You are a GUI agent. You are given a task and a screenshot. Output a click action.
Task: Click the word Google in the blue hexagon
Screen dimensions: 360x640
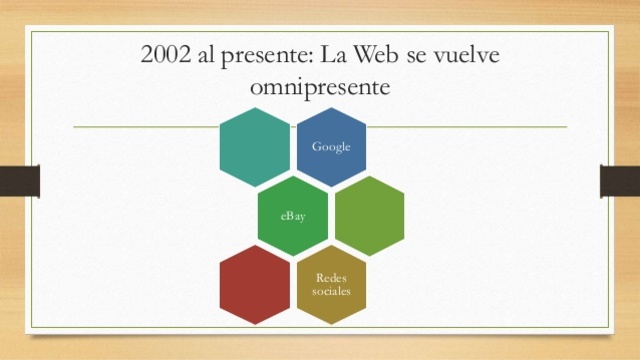pos(331,147)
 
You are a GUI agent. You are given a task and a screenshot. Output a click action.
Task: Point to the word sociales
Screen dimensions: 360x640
pos(331,290)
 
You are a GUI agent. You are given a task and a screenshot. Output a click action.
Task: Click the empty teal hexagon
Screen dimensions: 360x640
pos(254,147)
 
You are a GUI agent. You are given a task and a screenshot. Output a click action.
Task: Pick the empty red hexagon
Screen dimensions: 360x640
pos(254,283)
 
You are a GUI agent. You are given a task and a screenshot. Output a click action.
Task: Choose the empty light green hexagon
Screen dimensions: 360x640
pos(370,215)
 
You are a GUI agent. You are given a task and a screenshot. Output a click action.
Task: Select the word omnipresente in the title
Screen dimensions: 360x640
pos(320,88)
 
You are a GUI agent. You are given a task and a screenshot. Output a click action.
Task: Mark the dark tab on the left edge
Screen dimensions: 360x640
pos(19,181)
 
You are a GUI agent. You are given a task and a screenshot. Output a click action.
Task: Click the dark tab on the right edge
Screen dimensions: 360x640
pos(620,181)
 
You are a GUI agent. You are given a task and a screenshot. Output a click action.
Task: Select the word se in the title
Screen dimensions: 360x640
pos(428,55)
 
